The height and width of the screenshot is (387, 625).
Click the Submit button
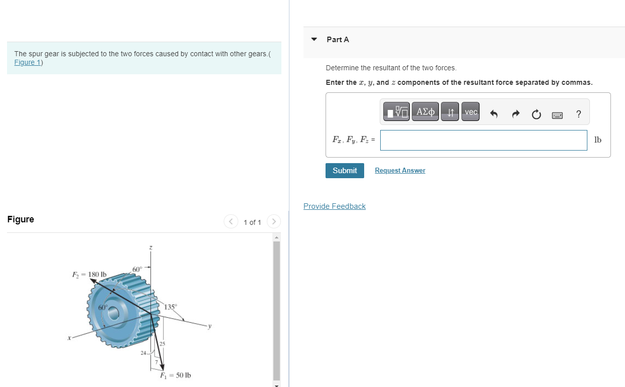pyautogui.click(x=345, y=171)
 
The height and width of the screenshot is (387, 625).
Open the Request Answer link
pyautogui.click(x=400, y=171)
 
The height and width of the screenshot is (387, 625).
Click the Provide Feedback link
pyautogui.click(x=335, y=206)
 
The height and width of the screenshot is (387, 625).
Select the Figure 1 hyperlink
pyautogui.click(x=28, y=62)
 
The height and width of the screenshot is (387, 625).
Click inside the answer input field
pyautogui.click(x=483, y=140)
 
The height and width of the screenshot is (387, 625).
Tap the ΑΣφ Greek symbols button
pyautogui.click(x=426, y=112)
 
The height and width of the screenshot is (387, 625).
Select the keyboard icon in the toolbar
pyautogui.click(x=557, y=115)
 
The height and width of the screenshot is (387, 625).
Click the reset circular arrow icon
pyautogui.click(x=536, y=115)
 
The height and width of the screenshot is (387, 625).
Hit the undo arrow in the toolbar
pyautogui.click(x=494, y=115)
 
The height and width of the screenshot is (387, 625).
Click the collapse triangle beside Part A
pyautogui.click(x=314, y=39)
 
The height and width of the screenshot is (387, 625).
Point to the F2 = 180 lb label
pyautogui.click(x=89, y=274)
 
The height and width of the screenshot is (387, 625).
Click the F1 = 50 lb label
pyautogui.click(x=175, y=375)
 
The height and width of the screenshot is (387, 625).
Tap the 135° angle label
pyautogui.click(x=171, y=307)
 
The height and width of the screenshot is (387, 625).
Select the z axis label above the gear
pyautogui.click(x=150, y=247)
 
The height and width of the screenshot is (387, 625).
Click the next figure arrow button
pyautogui.click(x=274, y=221)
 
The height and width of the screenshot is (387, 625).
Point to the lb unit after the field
pyautogui.click(x=597, y=140)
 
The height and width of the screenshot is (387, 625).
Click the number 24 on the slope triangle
pyautogui.click(x=143, y=353)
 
